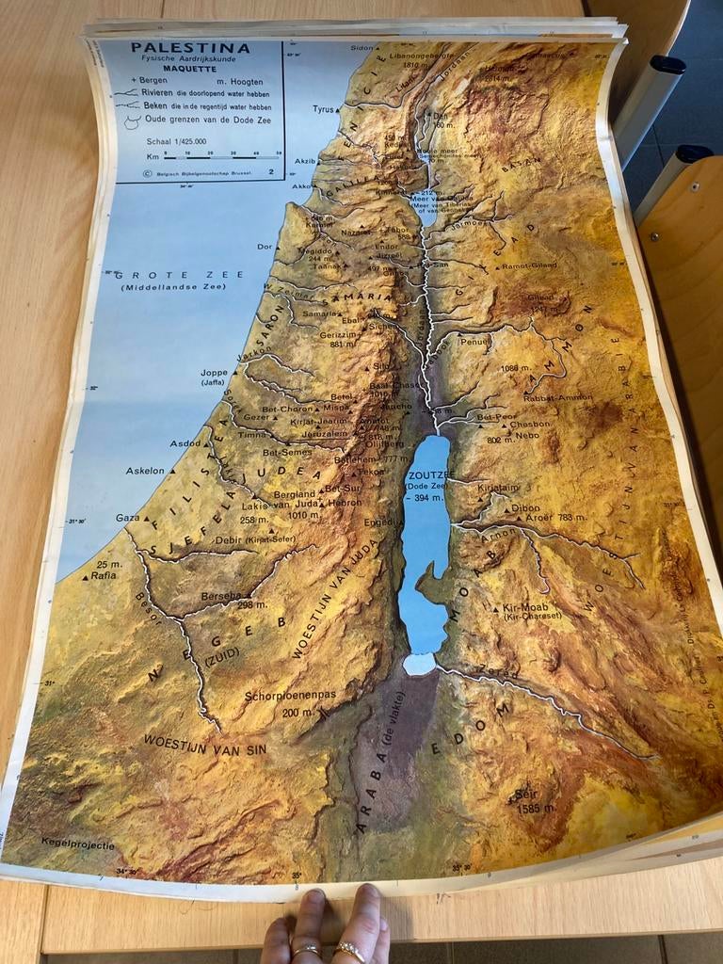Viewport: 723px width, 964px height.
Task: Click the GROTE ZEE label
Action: (179, 275)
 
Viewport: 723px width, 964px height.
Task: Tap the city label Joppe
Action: (215, 373)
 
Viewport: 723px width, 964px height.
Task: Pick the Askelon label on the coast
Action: (146, 471)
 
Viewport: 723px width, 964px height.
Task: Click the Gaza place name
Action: (127, 518)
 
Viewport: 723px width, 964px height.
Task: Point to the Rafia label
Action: (104, 574)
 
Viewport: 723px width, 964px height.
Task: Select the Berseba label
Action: (220, 596)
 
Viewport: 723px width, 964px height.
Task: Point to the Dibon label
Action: (525, 508)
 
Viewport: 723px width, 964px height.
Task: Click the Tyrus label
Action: (324, 109)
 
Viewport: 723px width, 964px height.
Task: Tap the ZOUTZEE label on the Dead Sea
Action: (431, 474)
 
